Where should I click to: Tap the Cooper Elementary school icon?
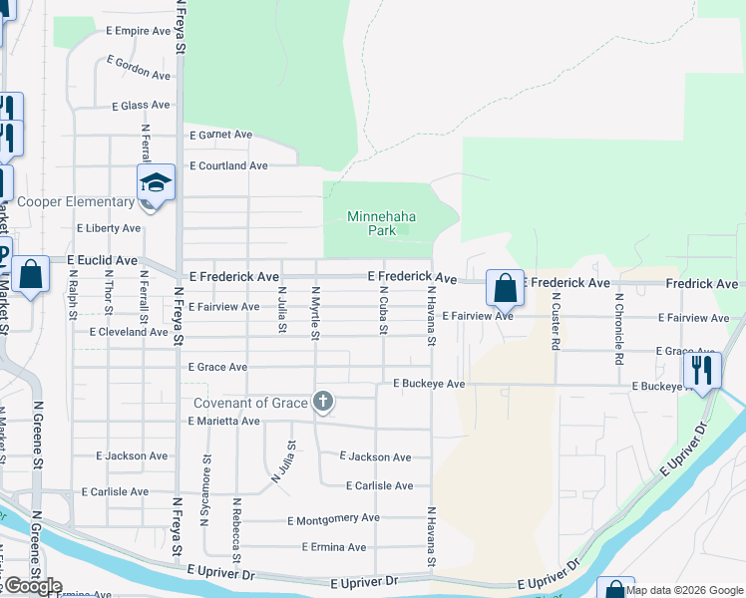pos(156,183)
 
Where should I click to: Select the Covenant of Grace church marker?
pos(322,402)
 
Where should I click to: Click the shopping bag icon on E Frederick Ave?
pos(506,288)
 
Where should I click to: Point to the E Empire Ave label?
pos(139,31)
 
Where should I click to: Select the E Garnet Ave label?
pos(220,135)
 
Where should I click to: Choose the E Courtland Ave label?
pos(228,165)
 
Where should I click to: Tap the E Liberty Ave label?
pos(109,228)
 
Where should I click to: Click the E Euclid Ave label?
pos(102,260)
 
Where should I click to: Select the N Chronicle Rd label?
pos(618,320)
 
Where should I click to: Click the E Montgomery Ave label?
pos(333,519)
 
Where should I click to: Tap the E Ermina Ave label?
pos(333,547)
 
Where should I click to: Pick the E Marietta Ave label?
pos(223,422)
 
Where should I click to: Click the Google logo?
pos(32,586)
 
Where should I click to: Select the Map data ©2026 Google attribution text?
pos(684,590)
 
